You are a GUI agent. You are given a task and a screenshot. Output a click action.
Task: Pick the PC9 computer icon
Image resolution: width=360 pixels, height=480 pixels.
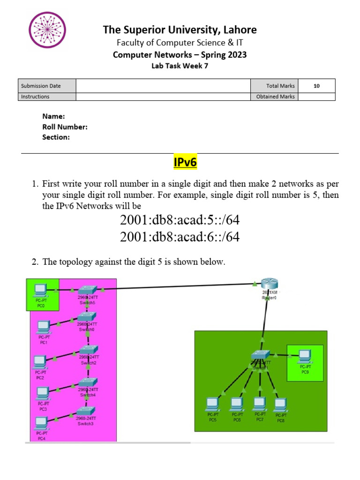pyautogui.click(x=305, y=355)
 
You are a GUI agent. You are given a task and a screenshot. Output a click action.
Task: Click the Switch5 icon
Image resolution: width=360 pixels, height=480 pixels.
pyautogui.click(x=88, y=290)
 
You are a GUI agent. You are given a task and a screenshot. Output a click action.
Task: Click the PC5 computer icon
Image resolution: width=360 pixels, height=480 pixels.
pyautogui.click(x=213, y=404)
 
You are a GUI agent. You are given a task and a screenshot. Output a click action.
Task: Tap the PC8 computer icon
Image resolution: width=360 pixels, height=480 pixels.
pyautogui.click(x=280, y=404)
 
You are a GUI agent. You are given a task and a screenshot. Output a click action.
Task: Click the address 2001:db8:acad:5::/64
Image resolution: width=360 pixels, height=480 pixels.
pyautogui.click(x=180, y=220)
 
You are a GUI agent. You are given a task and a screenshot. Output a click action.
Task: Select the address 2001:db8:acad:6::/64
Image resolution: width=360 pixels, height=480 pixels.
pyautogui.click(x=180, y=237)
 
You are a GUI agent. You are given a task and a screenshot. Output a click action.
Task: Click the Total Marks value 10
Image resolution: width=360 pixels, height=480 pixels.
pyautogui.click(x=316, y=86)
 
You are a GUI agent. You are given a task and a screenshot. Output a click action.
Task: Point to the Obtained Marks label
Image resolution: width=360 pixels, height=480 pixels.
pyautogui.click(x=275, y=97)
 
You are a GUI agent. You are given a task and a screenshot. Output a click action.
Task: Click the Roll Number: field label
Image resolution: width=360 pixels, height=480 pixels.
pyautogui.click(x=65, y=127)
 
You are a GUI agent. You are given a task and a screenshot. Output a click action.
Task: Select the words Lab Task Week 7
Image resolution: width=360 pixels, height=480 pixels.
pyautogui.click(x=180, y=66)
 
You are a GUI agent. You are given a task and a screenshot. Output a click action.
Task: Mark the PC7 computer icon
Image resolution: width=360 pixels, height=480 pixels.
pyautogui.click(x=259, y=404)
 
